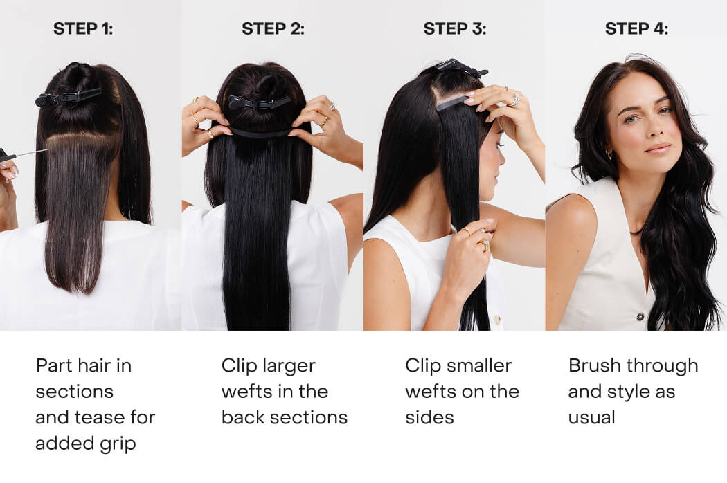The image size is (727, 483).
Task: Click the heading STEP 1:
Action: click(x=83, y=29)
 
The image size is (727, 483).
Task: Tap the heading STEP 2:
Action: click(x=273, y=29)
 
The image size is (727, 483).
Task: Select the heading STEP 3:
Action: click(x=455, y=29)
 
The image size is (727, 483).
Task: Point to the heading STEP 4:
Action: click(x=636, y=29)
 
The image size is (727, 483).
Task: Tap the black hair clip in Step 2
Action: click(x=259, y=102)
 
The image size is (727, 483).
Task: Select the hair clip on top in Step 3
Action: click(x=462, y=68)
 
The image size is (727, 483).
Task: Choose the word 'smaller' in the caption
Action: click(x=478, y=365)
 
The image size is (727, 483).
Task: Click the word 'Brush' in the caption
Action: click(x=593, y=365)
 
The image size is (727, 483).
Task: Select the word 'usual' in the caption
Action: click(x=591, y=417)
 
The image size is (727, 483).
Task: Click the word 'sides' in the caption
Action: click(x=429, y=417)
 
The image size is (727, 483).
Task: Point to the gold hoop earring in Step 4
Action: click(x=609, y=154)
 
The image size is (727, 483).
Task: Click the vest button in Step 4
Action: click(x=640, y=317)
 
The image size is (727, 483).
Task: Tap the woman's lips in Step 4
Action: click(x=658, y=148)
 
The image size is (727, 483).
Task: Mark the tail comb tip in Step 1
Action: click(x=47, y=149)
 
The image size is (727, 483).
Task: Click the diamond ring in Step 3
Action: click(x=514, y=100)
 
